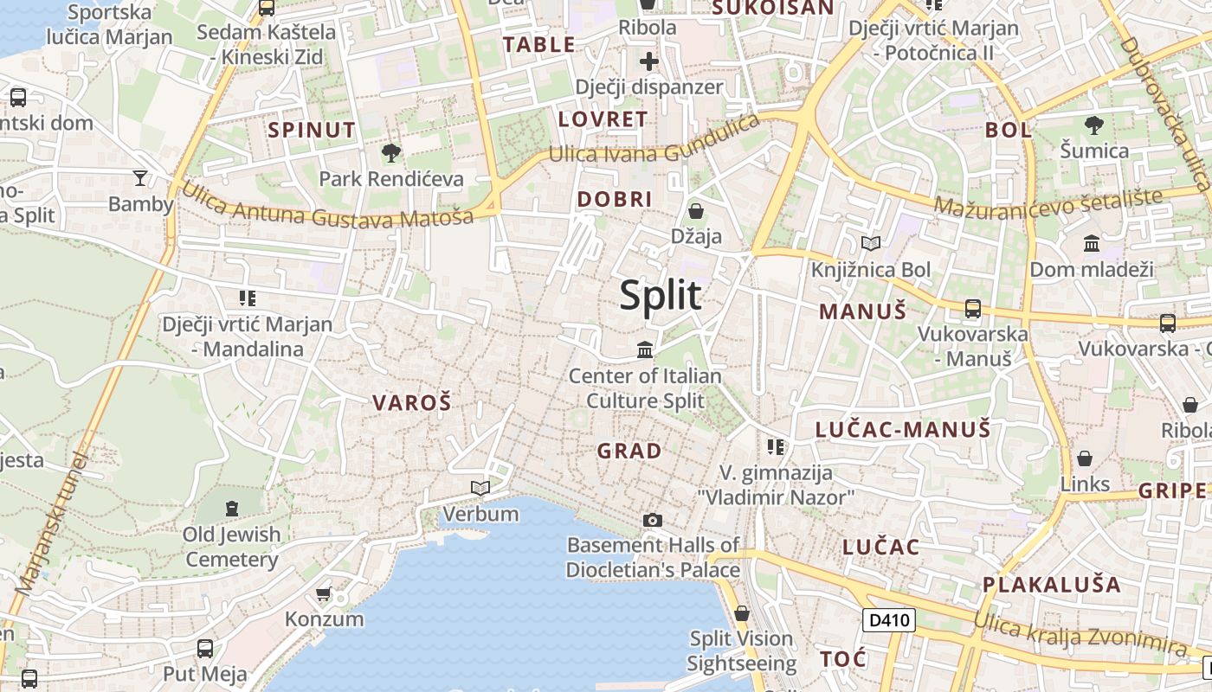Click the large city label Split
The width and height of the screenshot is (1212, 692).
[x=661, y=296]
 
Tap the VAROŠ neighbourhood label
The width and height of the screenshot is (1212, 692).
[x=412, y=402]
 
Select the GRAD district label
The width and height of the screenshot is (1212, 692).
[x=629, y=451]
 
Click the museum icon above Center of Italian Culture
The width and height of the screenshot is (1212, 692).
[x=645, y=350]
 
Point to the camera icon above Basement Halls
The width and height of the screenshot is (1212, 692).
[x=653, y=520]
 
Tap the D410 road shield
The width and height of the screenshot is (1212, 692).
[x=889, y=619]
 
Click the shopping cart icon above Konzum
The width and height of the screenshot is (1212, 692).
[x=324, y=593]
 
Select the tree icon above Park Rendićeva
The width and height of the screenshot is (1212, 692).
[x=391, y=153]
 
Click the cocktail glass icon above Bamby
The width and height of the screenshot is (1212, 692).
[x=140, y=178]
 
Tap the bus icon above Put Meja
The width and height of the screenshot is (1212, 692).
[x=205, y=648]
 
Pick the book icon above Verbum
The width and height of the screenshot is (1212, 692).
[x=480, y=488]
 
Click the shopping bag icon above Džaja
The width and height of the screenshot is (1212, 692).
[x=695, y=210]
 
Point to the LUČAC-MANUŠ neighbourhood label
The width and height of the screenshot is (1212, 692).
[x=903, y=429]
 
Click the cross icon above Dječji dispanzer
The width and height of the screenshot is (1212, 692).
[x=649, y=61]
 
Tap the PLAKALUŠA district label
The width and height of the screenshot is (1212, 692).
[x=1051, y=584]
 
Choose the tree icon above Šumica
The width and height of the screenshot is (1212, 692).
[x=1094, y=125]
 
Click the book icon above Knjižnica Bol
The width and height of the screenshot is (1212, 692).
[x=870, y=244]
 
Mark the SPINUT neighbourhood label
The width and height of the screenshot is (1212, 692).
[x=312, y=131]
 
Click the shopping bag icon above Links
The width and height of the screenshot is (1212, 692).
[x=1084, y=458]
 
